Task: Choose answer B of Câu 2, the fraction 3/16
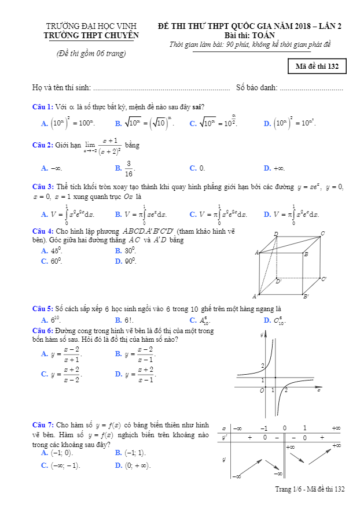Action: coord(128,168)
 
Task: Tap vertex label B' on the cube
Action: coord(306,297)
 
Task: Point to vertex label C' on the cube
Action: coord(324,279)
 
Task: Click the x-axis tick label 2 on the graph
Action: coord(286,391)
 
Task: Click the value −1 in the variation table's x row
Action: coord(264,428)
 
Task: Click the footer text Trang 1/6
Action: coord(289,489)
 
